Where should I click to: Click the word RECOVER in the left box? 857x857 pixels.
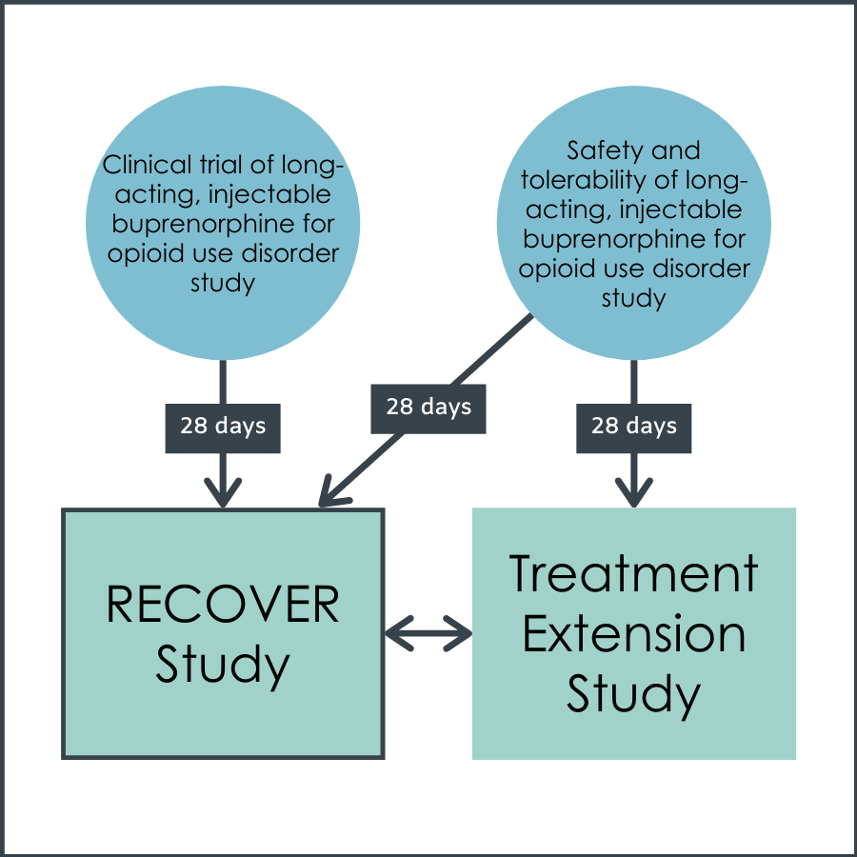[x=223, y=604]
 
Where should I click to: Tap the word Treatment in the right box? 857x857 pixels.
[x=633, y=573]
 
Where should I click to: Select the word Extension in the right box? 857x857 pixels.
[x=634, y=633]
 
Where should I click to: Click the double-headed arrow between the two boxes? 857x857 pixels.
[x=428, y=633]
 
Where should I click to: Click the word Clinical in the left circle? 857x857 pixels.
[x=148, y=165]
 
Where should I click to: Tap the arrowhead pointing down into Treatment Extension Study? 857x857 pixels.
[x=634, y=492]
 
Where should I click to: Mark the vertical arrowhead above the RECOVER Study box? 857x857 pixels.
[x=223, y=492]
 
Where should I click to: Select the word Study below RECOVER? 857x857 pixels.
[x=223, y=666]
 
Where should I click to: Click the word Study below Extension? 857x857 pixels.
[x=633, y=695]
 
